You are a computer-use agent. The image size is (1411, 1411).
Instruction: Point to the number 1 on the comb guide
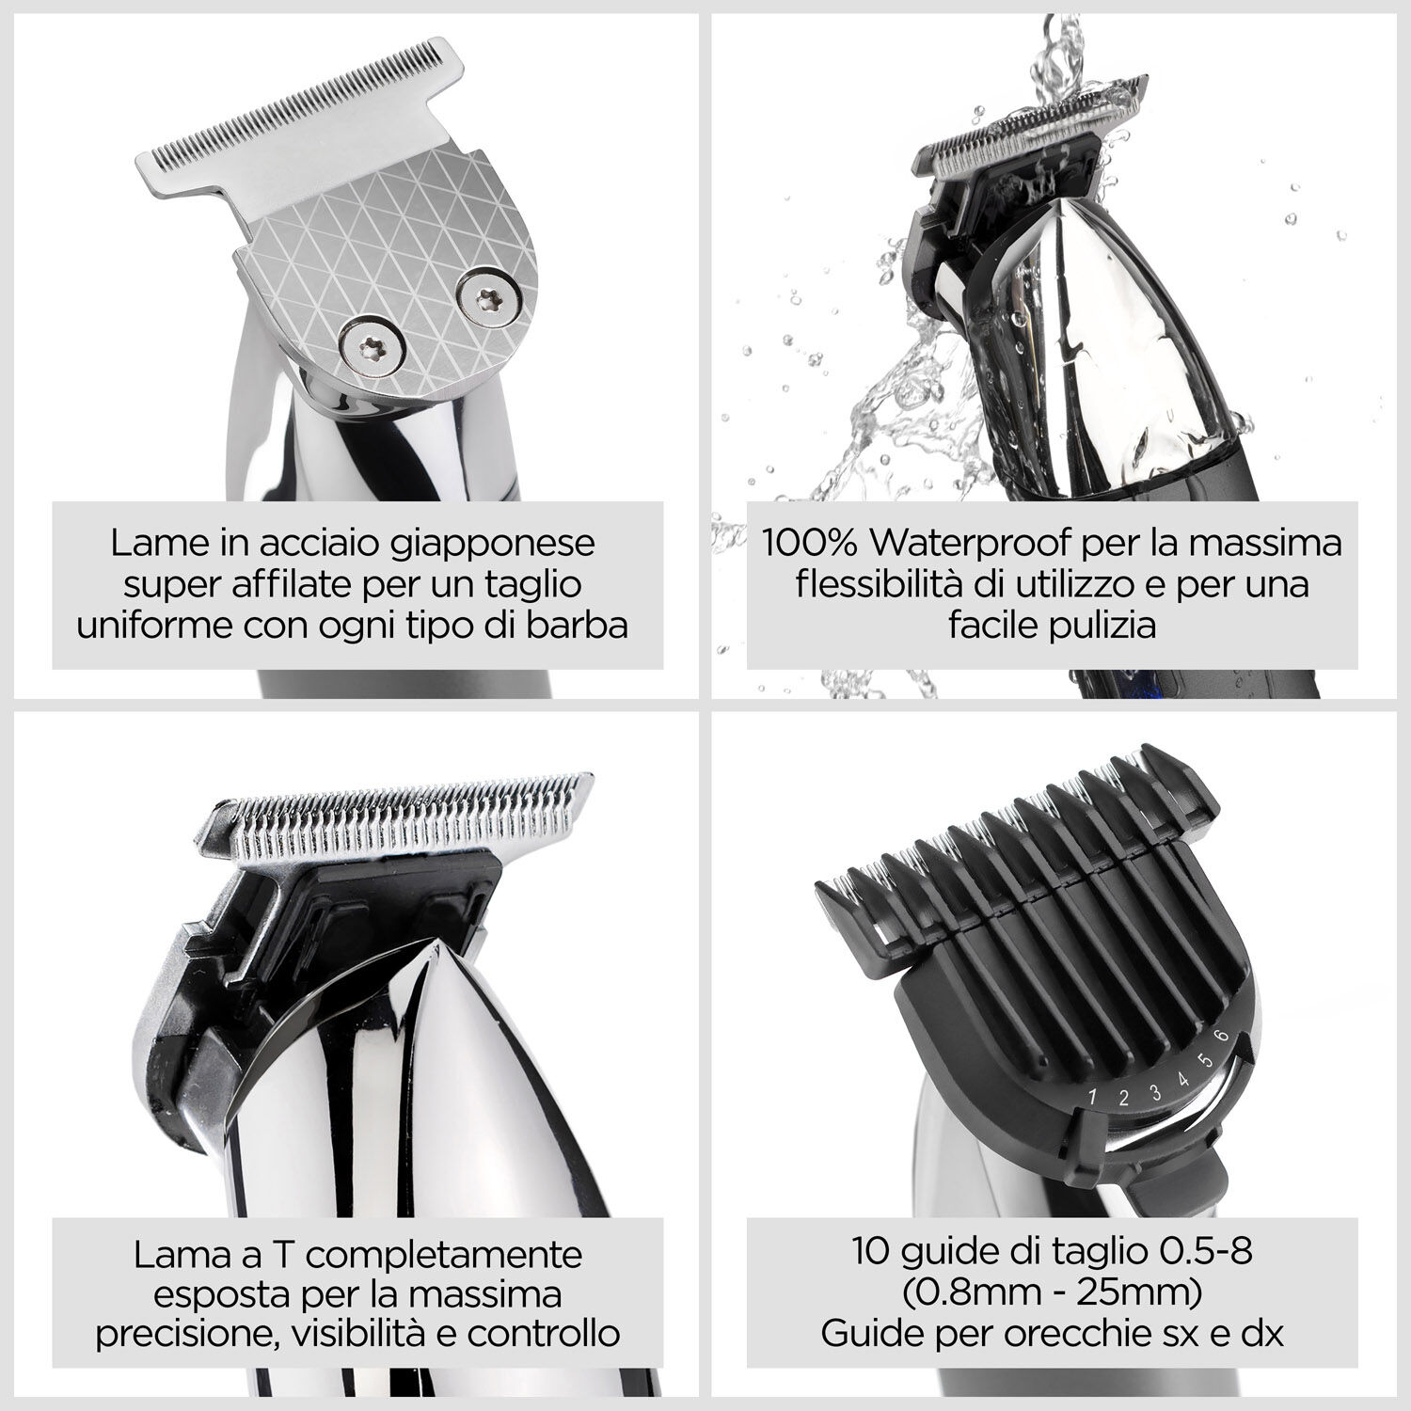[x=1093, y=1095]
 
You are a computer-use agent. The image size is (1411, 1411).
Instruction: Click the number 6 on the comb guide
[x=1222, y=1036]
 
